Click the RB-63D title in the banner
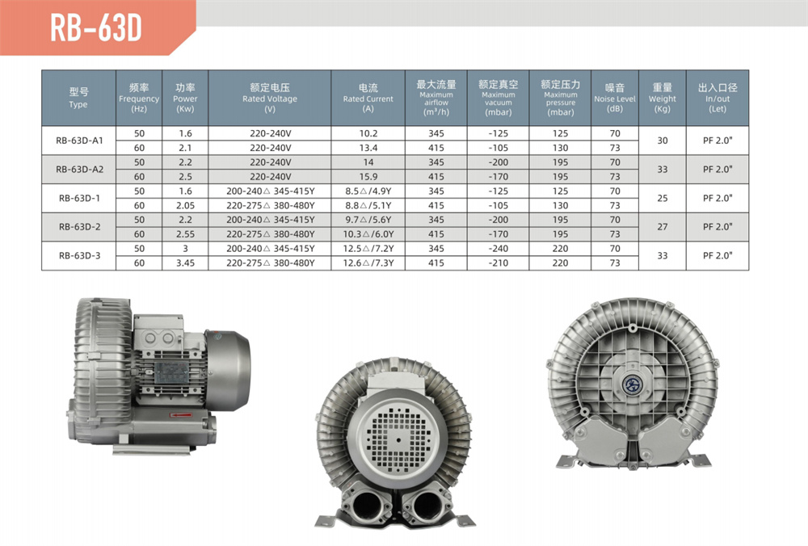(96, 27)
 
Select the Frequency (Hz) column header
(139, 98)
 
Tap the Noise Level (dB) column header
(615, 98)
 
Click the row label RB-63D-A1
(79, 140)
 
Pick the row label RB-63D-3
(79, 255)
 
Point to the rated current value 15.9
(368, 177)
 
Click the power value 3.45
(186, 263)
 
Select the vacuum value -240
(498, 249)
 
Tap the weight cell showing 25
(663, 199)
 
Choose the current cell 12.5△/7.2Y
(368, 249)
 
